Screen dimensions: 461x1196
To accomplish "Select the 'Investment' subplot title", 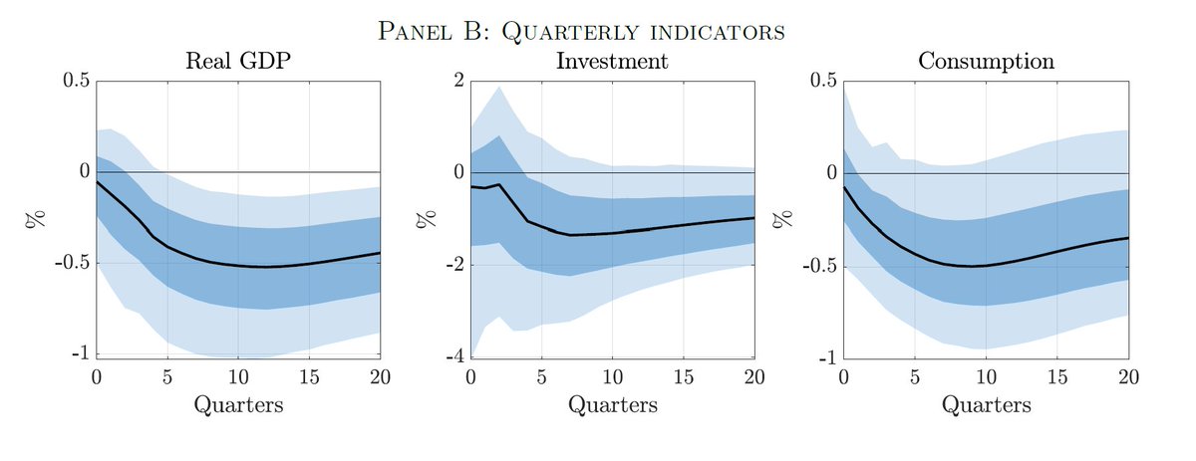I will click(x=612, y=61).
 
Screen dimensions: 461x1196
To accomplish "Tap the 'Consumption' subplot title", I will click(x=986, y=61).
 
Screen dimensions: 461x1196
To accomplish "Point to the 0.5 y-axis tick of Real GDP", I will click(x=74, y=81).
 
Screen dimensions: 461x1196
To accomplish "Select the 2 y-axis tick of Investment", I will click(x=458, y=81).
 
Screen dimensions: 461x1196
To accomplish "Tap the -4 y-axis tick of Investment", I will click(x=454, y=356).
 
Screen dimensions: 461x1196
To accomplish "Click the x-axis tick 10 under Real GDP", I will click(x=238, y=377).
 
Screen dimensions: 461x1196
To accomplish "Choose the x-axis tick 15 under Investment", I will click(x=683, y=377).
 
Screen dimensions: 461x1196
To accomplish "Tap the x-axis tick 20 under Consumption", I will click(x=1128, y=377).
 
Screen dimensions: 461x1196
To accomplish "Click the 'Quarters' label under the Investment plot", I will click(x=612, y=405).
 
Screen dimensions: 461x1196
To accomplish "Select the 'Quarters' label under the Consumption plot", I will click(x=986, y=405).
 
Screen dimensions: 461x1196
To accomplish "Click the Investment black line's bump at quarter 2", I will click(x=498, y=184).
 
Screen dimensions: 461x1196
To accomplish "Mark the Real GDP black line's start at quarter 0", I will click(x=97, y=182).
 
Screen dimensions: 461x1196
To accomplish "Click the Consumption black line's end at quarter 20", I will click(x=1128, y=238).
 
